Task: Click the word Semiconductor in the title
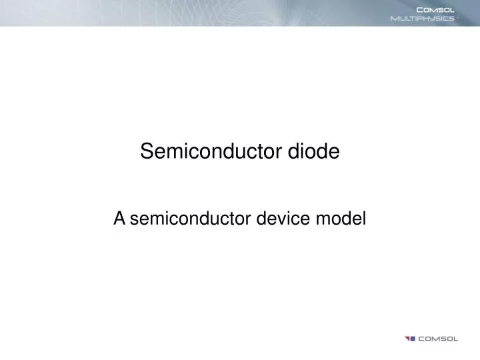coord(211,153)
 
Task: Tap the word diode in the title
coord(313,153)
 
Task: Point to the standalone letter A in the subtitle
coord(119,217)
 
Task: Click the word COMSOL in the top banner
coord(435,9)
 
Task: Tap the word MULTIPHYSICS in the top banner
coord(422,19)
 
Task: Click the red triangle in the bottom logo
coord(407,338)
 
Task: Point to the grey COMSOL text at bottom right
coord(438,339)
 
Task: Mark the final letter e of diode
coord(335,153)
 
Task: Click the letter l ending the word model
coord(365,217)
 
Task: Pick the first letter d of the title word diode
coord(293,153)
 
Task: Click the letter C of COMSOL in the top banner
coord(420,9)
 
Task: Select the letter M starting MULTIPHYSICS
coord(394,19)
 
